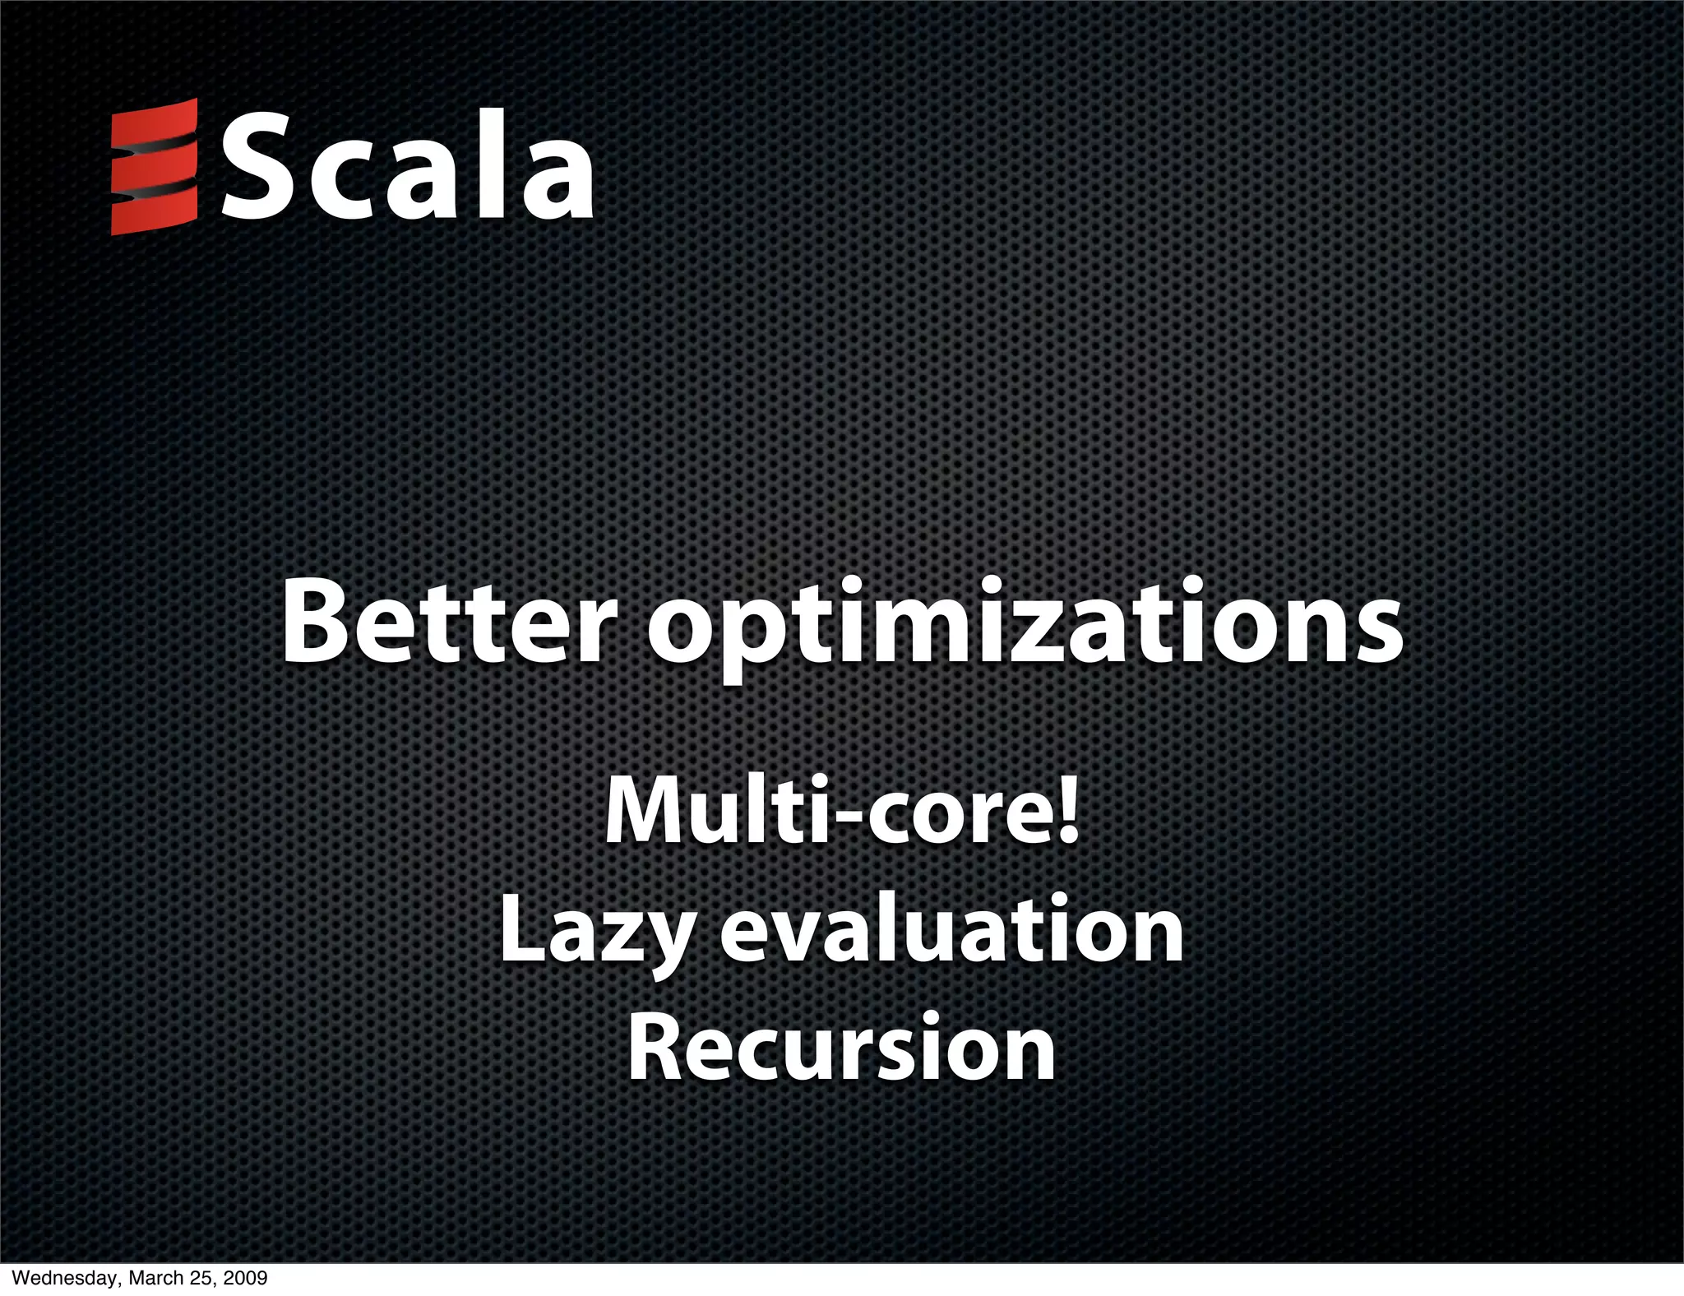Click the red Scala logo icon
pyautogui.click(x=155, y=167)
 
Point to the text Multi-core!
pyautogui.click(x=841, y=810)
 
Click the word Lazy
pyautogui.click(x=596, y=933)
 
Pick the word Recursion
pyautogui.click(x=841, y=1044)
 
